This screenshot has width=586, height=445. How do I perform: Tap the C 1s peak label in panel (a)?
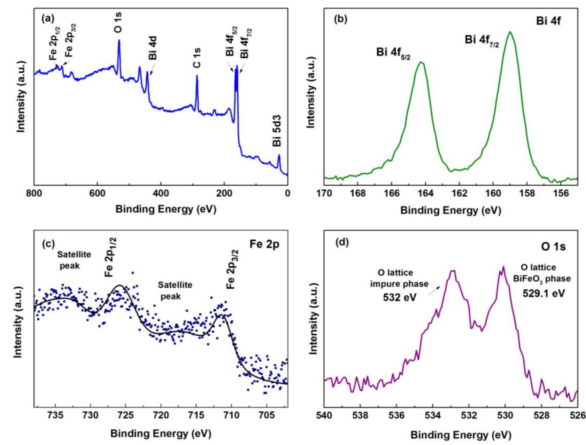(x=197, y=58)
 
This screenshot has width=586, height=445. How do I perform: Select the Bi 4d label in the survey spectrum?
(x=153, y=48)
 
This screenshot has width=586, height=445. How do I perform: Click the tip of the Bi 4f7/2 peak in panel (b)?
(x=510, y=32)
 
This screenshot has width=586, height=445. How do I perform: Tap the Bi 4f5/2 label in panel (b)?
(x=393, y=53)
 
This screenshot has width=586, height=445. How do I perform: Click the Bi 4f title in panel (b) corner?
(x=548, y=21)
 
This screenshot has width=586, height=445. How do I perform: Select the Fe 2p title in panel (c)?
(x=264, y=244)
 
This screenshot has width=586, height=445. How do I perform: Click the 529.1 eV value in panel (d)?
(x=543, y=294)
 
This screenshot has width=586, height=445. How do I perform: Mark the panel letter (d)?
(x=342, y=242)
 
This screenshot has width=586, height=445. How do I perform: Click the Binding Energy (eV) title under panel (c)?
(x=161, y=434)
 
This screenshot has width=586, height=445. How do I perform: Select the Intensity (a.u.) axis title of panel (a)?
(x=21, y=97)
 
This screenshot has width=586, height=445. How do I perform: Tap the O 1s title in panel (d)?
(x=553, y=247)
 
